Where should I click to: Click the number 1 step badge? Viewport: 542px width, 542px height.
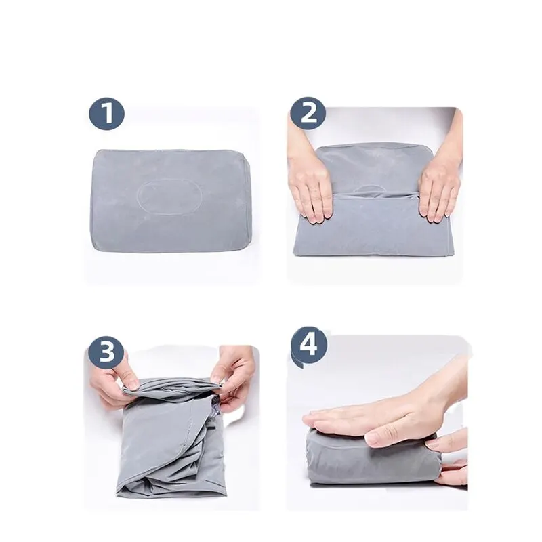tap(107, 112)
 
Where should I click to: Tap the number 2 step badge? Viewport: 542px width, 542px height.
tap(308, 112)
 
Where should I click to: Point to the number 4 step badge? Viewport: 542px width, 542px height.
tap(309, 345)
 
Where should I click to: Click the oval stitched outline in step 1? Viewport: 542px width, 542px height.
tap(170, 196)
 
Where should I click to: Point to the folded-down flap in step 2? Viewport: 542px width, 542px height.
tap(373, 225)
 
